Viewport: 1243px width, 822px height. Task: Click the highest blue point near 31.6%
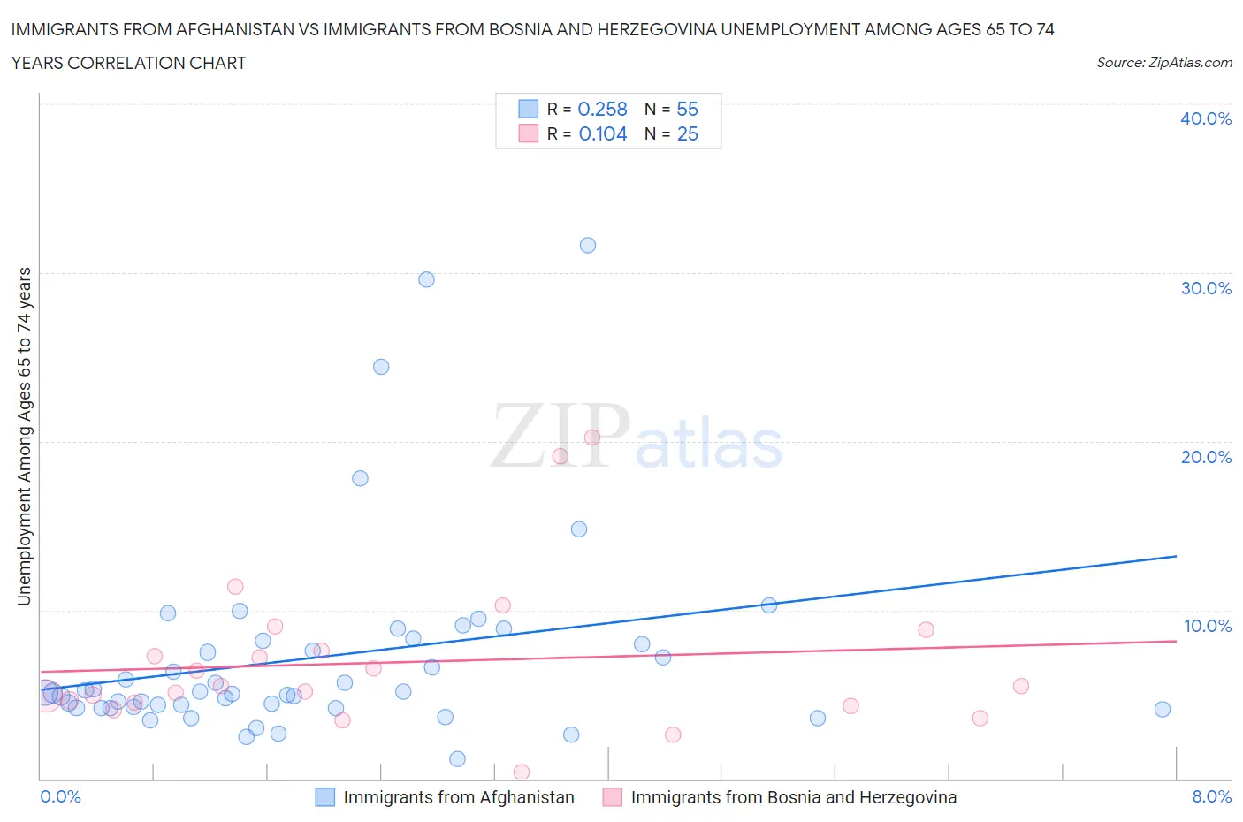pyautogui.click(x=588, y=245)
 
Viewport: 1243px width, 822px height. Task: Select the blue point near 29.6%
pyautogui.click(x=426, y=279)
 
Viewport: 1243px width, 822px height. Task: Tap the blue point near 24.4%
pyautogui.click(x=381, y=367)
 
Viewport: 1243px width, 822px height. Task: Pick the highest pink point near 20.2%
pyautogui.click(x=592, y=437)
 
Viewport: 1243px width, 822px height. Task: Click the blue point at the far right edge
pyautogui.click(x=1163, y=709)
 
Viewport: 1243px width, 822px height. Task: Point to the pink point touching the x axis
pyautogui.click(x=522, y=772)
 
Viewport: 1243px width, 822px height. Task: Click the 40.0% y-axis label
pyautogui.click(x=1206, y=118)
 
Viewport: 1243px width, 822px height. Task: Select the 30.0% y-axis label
pyautogui.click(x=1206, y=288)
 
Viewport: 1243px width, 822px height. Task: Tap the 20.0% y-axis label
pyautogui.click(x=1206, y=457)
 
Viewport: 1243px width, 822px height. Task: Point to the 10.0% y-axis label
pyautogui.click(x=1207, y=626)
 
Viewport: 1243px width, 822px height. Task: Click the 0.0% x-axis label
pyautogui.click(x=60, y=796)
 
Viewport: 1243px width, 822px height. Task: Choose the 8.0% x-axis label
pyautogui.click(x=1211, y=796)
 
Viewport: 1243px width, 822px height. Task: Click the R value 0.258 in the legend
pyautogui.click(x=602, y=109)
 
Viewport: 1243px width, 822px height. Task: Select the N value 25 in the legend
pyautogui.click(x=687, y=133)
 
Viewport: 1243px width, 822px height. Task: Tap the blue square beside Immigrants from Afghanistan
pyautogui.click(x=325, y=797)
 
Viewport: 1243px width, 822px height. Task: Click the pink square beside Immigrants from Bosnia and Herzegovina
pyautogui.click(x=612, y=797)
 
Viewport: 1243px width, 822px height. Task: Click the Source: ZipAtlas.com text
pyautogui.click(x=1163, y=62)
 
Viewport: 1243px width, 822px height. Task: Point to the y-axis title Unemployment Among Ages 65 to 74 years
pyautogui.click(x=24, y=437)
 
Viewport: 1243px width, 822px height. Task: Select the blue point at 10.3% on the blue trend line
pyautogui.click(x=769, y=605)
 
